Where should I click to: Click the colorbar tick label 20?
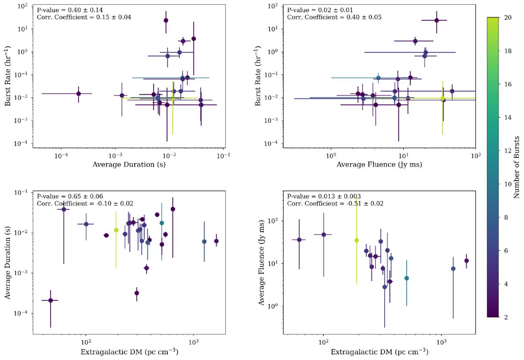[x=508, y=18]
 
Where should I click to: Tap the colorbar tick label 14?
[x=508, y=117]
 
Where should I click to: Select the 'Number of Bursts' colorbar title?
[x=517, y=167]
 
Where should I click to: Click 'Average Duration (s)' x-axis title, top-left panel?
[x=129, y=165]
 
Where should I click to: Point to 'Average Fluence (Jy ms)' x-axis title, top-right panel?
[x=379, y=165]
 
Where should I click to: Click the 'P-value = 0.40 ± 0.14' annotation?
[x=70, y=10]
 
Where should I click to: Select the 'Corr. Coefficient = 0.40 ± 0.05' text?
[x=334, y=17]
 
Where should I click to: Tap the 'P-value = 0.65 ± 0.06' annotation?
[x=70, y=196]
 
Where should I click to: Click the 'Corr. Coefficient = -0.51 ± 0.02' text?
[x=335, y=203]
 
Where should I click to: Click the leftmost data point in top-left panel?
[x=78, y=94]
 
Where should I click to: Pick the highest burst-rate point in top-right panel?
[x=436, y=20]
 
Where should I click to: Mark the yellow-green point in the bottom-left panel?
[x=116, y=230]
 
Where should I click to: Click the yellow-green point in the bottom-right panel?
[x=357, y=240]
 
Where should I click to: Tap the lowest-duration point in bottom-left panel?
[x=50, y=301]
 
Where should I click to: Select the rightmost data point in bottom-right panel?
[x=467, y=260]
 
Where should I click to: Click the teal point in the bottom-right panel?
[x=407, y=278]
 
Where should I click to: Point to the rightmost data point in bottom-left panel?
[x=217, y=241]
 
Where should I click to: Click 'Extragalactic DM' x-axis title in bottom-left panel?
[x=112, y=351]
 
